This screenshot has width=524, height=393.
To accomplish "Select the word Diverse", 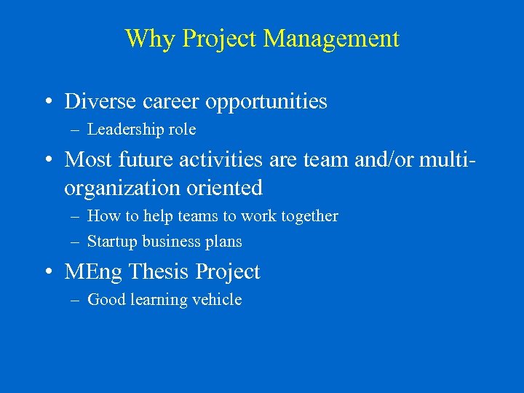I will pos(98,101).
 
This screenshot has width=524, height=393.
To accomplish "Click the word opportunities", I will pos(266,101).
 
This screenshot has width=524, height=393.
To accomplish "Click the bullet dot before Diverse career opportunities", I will pos(47,102).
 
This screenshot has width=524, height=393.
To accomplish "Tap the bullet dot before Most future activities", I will pos(47,159).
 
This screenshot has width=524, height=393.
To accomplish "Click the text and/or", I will pos(384,158).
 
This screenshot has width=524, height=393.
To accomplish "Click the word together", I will pos(308,216).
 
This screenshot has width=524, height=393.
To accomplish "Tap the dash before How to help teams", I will pos(74,217).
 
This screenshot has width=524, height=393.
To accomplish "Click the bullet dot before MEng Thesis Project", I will pos(47,273).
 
